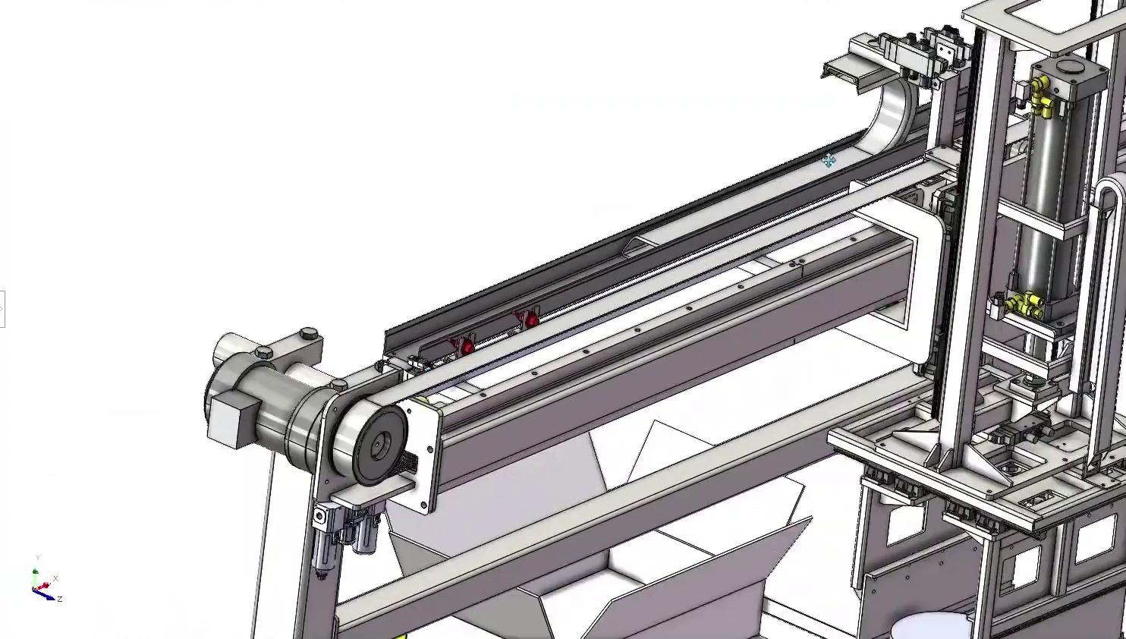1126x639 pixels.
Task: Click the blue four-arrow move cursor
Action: [829, 160]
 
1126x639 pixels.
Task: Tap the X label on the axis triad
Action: [55, 578]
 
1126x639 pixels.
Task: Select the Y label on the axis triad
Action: [38, 559]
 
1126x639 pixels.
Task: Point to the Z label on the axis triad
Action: [59, 599]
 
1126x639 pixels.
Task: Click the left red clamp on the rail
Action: [465, 347]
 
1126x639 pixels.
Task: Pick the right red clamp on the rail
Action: [530, 319]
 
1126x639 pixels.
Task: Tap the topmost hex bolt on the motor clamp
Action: [309, 334]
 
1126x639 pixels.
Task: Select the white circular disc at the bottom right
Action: [931, 627]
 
